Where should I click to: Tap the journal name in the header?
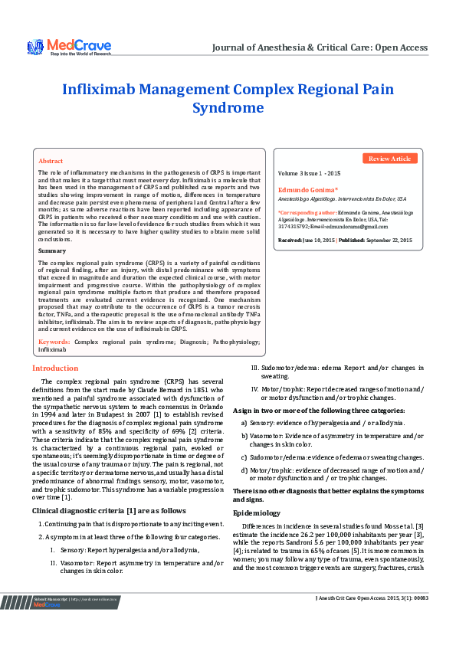click(320, 47)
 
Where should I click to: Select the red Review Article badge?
click(390, 159)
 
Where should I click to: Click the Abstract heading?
click(51, 162)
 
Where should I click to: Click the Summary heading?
click(52, 250)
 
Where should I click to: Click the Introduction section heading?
click(55, 368)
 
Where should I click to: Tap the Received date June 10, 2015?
click(315, 240)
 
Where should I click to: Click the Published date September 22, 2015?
click(389, 240)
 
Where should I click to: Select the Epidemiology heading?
click(257, 512)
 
